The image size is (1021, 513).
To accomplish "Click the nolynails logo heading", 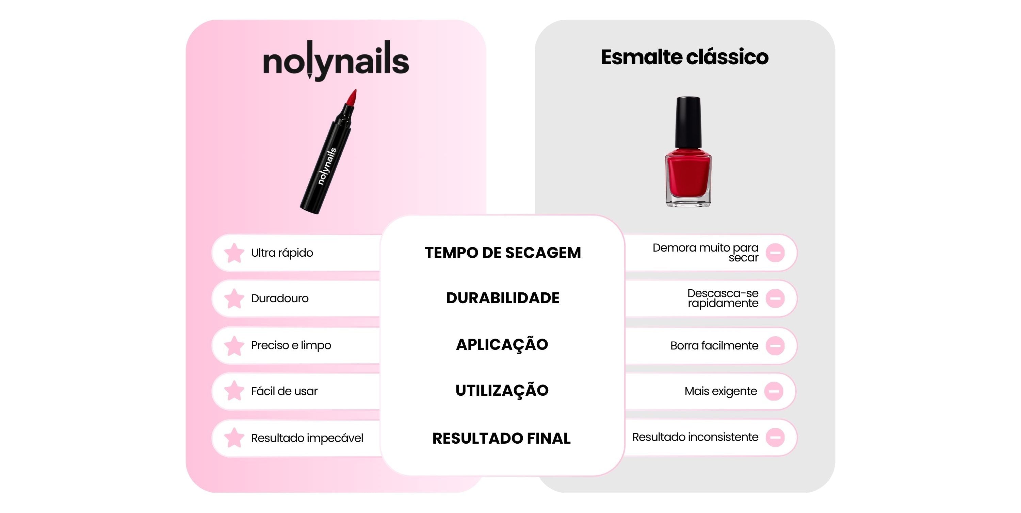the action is (336, 60).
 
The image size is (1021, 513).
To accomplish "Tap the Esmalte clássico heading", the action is (684, 57).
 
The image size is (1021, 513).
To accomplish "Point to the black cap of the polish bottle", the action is (688, 122).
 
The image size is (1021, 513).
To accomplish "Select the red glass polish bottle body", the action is (688, 176).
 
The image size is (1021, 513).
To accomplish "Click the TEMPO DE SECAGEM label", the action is (503, 253).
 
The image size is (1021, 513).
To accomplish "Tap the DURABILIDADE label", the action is (503, 298).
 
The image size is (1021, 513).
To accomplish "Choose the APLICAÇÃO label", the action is (502, 344).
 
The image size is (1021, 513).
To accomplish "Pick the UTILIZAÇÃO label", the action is (502, 390).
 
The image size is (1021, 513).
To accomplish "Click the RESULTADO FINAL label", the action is (501, 438).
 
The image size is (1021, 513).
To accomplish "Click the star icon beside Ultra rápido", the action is (234, 253).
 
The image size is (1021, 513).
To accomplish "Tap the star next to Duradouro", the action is (234, 298).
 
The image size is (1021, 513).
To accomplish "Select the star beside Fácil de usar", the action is (234, 391).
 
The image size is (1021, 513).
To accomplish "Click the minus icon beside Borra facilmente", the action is (775, 345).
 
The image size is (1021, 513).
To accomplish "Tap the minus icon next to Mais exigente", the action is (774, 391).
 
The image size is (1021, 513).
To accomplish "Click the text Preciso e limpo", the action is (291, 345).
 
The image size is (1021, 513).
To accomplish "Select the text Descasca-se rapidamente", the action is (723, 298).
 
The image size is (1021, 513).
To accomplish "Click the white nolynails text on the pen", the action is (327, 166).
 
